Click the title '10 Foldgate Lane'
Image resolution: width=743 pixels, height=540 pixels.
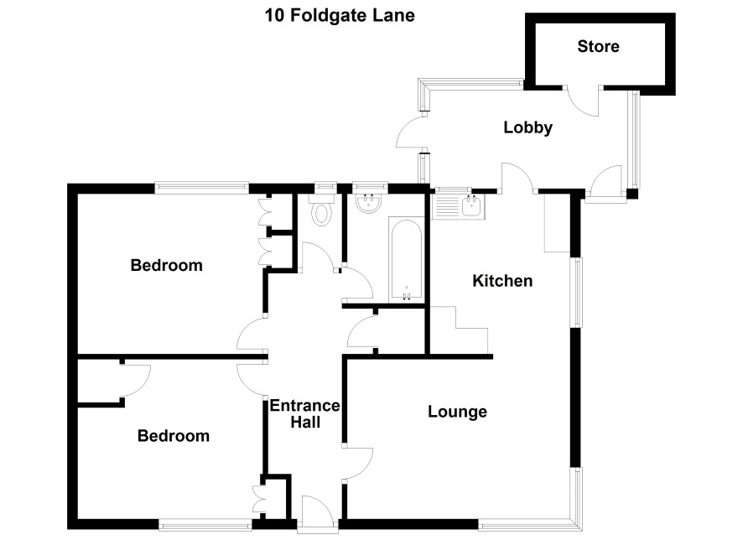[340, 16]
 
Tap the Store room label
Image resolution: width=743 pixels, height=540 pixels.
[598, 46]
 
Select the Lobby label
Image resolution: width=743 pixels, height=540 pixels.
[527, 128]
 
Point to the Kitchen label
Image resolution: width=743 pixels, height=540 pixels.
[502, 281]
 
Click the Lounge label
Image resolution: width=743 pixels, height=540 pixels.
[457, 412]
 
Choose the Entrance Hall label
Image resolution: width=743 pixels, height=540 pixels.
[304, 414]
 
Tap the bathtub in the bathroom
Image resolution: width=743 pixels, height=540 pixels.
[407, 260]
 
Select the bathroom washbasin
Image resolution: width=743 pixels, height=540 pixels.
[368, 203]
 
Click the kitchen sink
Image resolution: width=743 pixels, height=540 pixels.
[472, 206]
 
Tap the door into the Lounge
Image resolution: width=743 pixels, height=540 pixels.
[358, 463]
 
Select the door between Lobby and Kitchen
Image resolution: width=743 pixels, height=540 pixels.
[518, 178]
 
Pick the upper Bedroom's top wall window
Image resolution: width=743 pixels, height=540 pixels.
[202, 188]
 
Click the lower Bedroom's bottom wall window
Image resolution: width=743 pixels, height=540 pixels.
[205, 524]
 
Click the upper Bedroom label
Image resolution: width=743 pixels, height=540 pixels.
[166, 265]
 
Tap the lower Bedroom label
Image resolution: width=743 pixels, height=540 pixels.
[174, 436]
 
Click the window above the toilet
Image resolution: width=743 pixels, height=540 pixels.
[325, 188]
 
